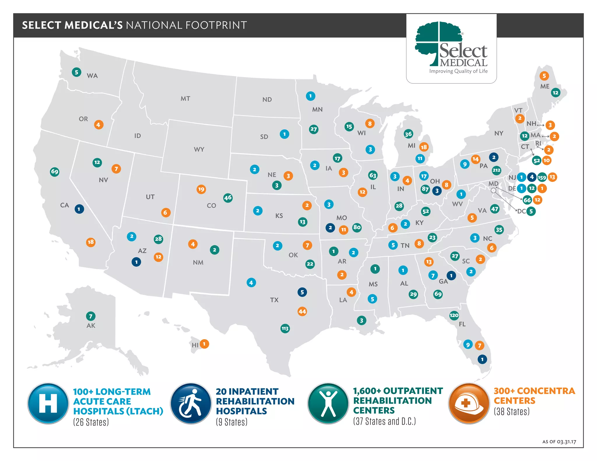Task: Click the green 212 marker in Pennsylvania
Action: (x=496, y=170)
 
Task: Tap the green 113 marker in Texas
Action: (x=285, y=328)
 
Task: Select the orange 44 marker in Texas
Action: (x=302, y=311)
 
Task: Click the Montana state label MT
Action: (x=185, y=98)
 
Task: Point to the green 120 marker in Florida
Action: (x=454, y=315)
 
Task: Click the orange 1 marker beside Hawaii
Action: (x=204, y=344)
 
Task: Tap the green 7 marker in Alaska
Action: (x=91, y=316)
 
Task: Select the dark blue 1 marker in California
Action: (x=79, y=209)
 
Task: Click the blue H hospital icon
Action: (x=48, y=403)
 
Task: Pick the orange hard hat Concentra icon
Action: (x=469, y=403)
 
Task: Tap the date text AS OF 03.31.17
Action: (x=559, y=442)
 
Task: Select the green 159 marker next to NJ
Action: (x=542, y=177)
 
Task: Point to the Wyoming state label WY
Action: (x=199, y=149)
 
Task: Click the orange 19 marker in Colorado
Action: (x=201, y=189)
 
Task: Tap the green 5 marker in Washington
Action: (x=76, y=72)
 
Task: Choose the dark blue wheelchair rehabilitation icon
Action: (x=191, y=403)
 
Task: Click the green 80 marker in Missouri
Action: (x=357, y=227)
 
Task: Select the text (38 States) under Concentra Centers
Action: (x=512, y=411)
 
